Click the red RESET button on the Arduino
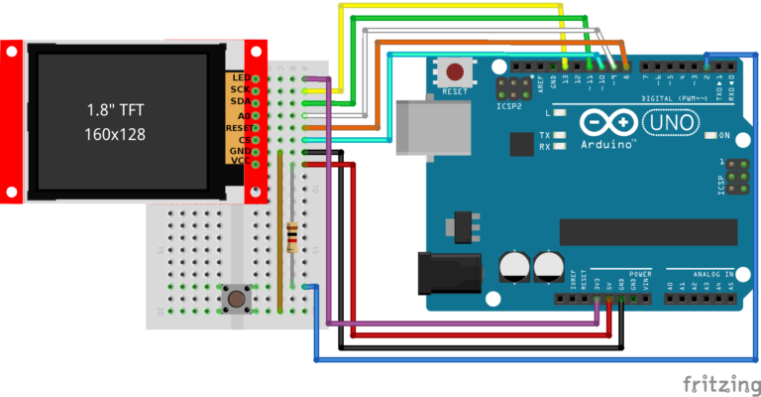pos(456,72)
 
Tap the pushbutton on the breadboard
pos(237,299)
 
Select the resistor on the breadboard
pos(291,237)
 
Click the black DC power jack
pos(445,273)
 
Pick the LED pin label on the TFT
pos(238,77)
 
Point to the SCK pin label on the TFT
pos(238,89)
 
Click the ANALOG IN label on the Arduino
pos(712,273)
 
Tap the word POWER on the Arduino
pos(639,273)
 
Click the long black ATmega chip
pos(648,232)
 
